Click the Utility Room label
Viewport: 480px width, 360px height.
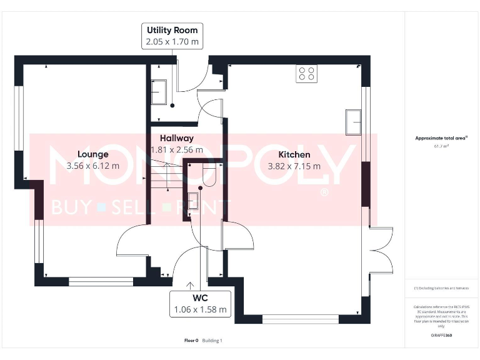point(172,30)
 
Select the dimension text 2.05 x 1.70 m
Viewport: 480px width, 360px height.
point(172,42)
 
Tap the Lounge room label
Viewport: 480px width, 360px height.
point(92,154)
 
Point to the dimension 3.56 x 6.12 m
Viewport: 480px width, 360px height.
point(92,166)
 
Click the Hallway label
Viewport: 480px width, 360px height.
point(176,138)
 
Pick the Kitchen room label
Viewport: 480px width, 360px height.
point(294,154)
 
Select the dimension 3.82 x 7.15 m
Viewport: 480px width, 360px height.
point(294,166)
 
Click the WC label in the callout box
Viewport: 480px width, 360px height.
point(200,297)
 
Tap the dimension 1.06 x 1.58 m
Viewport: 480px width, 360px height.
point(200,309)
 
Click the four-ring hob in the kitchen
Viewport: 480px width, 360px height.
point(306,74)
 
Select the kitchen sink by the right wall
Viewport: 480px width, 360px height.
point(353,121)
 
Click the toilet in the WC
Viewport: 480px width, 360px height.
point(208,174)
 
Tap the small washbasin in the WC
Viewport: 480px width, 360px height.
point(193,200)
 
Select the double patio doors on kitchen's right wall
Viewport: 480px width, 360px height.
point(380,250)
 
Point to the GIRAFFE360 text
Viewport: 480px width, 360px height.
point(441,336)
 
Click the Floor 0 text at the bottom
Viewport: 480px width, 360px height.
point(191,341)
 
